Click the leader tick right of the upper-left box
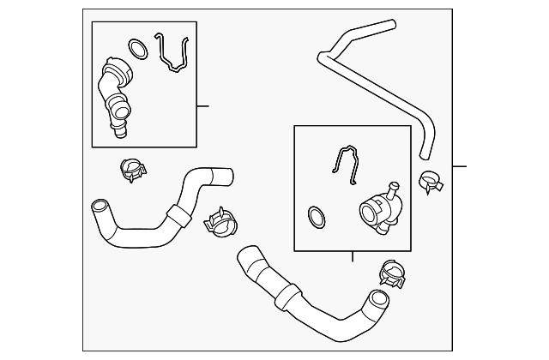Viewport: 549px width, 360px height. pos(202,106)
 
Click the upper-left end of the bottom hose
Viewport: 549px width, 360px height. pos(245,255)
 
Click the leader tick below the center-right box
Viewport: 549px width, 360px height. pos(353,256)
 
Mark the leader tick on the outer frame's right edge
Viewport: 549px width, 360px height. pos(459,165)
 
